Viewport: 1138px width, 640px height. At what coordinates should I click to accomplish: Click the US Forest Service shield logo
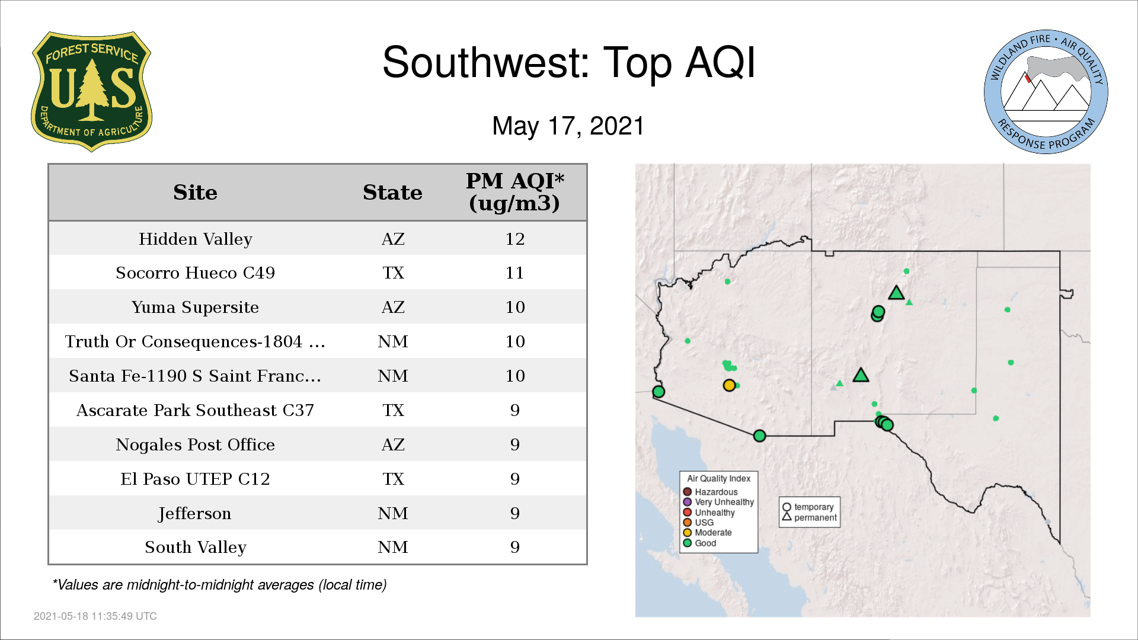coord(91,91)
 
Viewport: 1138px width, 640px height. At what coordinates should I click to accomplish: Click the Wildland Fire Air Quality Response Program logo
coord(1046,92)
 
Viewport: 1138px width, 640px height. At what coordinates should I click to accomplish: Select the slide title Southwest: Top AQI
coord(569,62)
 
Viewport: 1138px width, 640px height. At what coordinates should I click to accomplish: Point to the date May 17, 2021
coord(568,126)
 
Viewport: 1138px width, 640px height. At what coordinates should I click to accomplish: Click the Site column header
coord(195,193)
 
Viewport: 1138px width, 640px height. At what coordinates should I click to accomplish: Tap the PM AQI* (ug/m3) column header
coord(514,192)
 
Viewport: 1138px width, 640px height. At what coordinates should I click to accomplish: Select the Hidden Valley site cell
coord(196,239)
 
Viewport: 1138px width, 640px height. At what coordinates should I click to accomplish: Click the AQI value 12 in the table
coord(515,239)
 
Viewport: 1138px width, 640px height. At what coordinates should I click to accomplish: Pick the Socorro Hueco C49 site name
coord(196,273)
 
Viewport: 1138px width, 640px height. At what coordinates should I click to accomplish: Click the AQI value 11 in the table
coord(514,273)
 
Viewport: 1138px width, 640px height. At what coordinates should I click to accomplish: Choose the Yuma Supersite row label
coord(196,307)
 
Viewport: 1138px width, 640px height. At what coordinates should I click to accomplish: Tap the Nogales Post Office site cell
coord(196,444)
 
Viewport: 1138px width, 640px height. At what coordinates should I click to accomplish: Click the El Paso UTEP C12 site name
coord(196,479)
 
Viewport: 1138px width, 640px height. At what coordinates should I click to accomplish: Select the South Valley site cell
coord(196,547)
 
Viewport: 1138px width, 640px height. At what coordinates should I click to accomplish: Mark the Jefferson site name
coord(195,513)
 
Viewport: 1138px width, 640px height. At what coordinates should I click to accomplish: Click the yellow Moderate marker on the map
coord(729,385)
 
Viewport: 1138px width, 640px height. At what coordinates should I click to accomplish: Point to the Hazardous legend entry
coord(711,492)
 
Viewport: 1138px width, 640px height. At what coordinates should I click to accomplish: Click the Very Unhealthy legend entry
coord(718,502)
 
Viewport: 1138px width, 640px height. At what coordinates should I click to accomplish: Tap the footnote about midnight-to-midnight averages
coord(219,585)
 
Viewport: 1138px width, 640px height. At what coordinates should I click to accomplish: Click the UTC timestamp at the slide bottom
coord(95,616)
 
